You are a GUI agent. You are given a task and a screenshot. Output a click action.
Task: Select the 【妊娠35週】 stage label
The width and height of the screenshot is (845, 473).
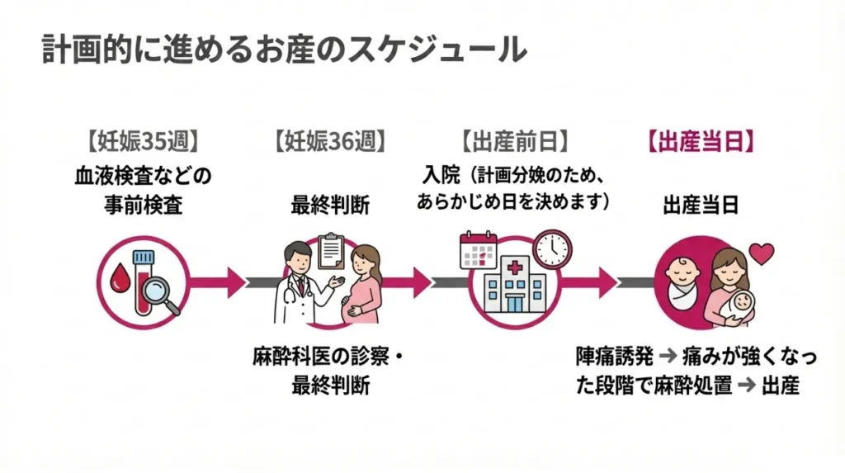[x=139, y=141]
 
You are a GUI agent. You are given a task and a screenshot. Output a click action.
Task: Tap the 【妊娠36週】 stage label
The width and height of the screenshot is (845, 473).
[x=328, y=141]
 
